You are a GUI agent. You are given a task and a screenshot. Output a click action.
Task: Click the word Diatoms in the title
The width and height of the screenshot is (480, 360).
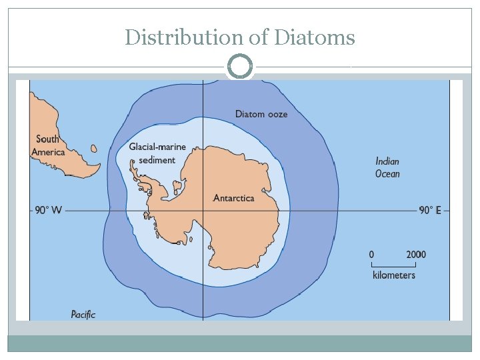pyautogui.click(x=315, y=37)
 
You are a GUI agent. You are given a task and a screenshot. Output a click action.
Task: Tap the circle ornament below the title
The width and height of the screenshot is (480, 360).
pyautogui.click(x=240, y=67)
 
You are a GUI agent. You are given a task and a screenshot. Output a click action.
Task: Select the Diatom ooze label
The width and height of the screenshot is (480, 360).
pyautogui.click(x=261, y=114)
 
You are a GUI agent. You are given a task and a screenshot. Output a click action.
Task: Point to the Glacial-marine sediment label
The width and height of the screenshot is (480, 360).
pyautogui.click(x=157, y=153)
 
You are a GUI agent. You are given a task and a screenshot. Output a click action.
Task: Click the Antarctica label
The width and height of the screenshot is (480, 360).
pyautogui.click(x=233, y=198)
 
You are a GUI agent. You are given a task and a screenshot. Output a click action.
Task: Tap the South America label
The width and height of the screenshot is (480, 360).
pyautogui.click(x=48, y=146)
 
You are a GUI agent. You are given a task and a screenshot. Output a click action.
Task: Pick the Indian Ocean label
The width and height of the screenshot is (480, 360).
pyautogui.click(x=387, y=167)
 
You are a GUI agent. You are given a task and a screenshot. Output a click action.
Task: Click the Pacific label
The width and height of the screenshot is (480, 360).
pyautogui.click(x=83, y=314)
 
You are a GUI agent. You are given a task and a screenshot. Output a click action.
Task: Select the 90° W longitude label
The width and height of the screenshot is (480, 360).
pyautogui.click(x=48, y=210)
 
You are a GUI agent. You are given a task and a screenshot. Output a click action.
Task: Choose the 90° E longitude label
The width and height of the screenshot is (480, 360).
pyautogui.click(x=430, y=210)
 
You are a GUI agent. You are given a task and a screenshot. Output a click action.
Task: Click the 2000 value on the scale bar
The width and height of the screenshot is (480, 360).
pyautogui.click(x=416, y=255)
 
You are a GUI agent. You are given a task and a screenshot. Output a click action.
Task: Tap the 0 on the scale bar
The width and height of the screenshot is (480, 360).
pyautogui.click(x=371, y=255)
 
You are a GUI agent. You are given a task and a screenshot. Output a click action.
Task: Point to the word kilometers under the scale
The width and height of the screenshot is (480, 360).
pyautogui.click(x=393, y=275)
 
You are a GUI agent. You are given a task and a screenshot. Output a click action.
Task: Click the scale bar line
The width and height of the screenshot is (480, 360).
pyautogui.click(x=393, y=266)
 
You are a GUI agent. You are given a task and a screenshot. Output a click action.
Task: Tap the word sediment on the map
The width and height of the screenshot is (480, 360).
pyautogui.click(x=157, y=160)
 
